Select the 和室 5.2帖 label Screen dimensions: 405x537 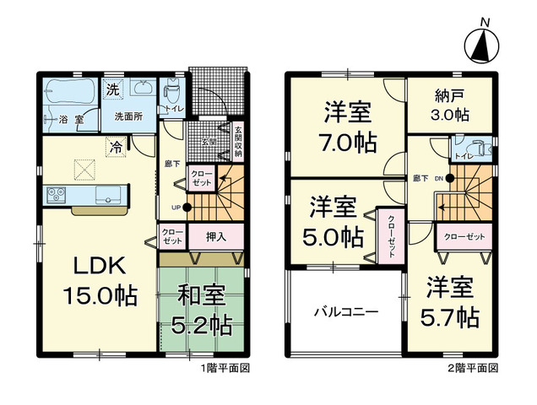pos(201,310)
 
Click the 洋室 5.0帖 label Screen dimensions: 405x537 pos(331,220)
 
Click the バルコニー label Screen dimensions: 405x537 pos(346,310)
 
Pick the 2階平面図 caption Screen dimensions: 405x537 pos(474,369)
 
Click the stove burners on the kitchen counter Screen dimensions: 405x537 pos(56,196)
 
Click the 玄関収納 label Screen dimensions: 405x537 pos(238,143)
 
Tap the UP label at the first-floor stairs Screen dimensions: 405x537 pos(176,207)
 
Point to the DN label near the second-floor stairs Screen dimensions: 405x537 pos(438,179)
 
